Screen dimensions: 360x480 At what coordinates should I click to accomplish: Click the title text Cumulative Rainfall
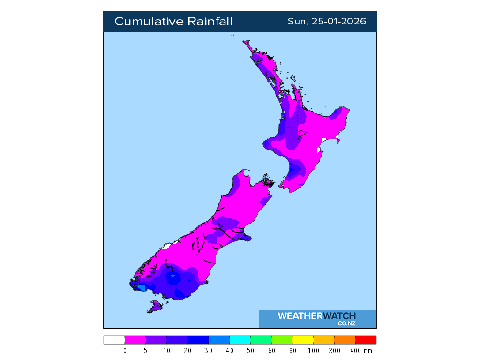click(173, 22)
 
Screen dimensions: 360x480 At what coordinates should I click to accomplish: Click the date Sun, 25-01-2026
click(327, 22)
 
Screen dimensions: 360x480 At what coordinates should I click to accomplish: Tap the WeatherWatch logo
click(317, 318)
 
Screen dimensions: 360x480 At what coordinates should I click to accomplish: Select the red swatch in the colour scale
click(366, 340)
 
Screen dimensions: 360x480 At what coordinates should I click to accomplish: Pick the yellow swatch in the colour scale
click(303, 340)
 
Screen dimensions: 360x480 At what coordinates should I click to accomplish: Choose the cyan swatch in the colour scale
click(240, 340)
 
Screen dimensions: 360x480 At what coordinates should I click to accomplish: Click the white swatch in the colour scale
click(114, 340)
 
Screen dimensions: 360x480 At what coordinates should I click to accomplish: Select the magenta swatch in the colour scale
click(135, 340)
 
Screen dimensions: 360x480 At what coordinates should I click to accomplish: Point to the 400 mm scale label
click(360, 351)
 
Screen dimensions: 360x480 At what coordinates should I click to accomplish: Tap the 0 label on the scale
click(125, 351)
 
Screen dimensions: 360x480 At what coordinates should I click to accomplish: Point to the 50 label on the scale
click(251, 351)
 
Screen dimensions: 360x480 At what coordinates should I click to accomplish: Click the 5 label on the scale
click(146, 351)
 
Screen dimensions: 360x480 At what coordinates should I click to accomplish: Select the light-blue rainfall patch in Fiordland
click(141, 288)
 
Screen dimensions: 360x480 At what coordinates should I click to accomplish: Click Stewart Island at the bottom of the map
click(154, 307)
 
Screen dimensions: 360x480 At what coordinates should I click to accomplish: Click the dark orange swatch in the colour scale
click(345, 340)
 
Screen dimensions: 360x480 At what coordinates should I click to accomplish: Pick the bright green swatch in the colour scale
click(282, 340)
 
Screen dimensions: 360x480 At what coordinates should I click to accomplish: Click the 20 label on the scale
click(188, 351)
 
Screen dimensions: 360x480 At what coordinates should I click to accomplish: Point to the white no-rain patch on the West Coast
click(168, 245)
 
